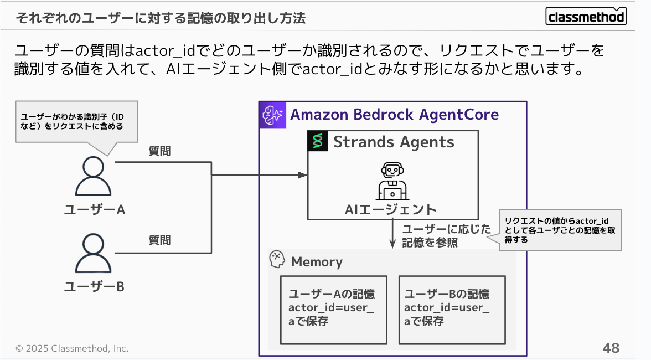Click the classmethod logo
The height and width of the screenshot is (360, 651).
586,17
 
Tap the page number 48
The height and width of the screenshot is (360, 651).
611,348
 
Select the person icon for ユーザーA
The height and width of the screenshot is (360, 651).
94,176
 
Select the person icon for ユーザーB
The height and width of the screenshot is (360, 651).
94,253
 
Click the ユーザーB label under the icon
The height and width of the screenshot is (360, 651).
94,287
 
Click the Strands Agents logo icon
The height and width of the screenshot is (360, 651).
318,141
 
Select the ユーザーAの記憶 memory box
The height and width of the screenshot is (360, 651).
333,310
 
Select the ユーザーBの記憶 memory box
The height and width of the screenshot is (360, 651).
452,310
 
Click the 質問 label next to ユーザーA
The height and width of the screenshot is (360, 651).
159,151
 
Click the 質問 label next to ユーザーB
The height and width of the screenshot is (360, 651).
159,240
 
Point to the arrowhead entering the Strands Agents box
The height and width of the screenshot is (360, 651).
303,175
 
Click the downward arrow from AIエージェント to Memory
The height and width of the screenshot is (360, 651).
392,235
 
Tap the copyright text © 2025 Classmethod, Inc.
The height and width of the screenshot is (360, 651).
72,348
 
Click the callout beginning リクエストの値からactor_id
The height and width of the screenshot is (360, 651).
560,230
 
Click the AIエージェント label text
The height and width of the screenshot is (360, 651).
391,209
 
